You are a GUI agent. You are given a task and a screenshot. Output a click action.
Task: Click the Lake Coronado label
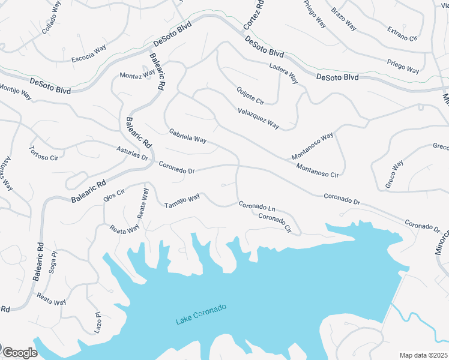point(201,315)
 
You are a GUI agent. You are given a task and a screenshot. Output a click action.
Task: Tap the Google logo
point(19,353)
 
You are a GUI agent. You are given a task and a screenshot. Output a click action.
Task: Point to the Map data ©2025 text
point(424,355)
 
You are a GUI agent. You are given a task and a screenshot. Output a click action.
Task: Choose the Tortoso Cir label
point(43,153)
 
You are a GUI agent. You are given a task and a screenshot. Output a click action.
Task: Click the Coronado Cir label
point(274,223)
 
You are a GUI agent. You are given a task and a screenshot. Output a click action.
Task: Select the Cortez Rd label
point(254,14)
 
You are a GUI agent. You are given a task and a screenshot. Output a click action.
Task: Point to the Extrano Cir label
point(402,33)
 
